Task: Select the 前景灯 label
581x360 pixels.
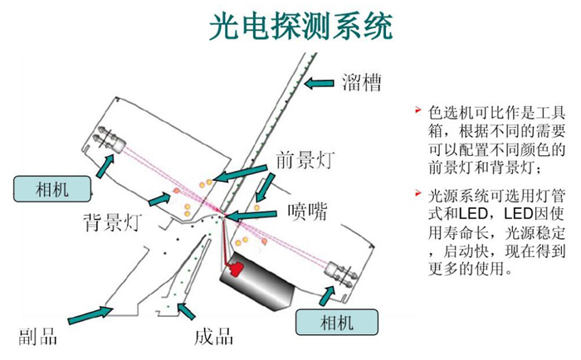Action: tap(304, 160)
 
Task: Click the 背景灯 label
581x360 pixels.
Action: tap(113, 221)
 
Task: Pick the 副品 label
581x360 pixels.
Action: tap(37, 337)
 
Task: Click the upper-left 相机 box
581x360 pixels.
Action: tap(51, 187)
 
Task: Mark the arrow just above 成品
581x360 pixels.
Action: tap(188, 311)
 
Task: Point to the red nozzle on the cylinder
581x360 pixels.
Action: tap(236, 269)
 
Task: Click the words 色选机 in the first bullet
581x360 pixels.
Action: tap(447, 112)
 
